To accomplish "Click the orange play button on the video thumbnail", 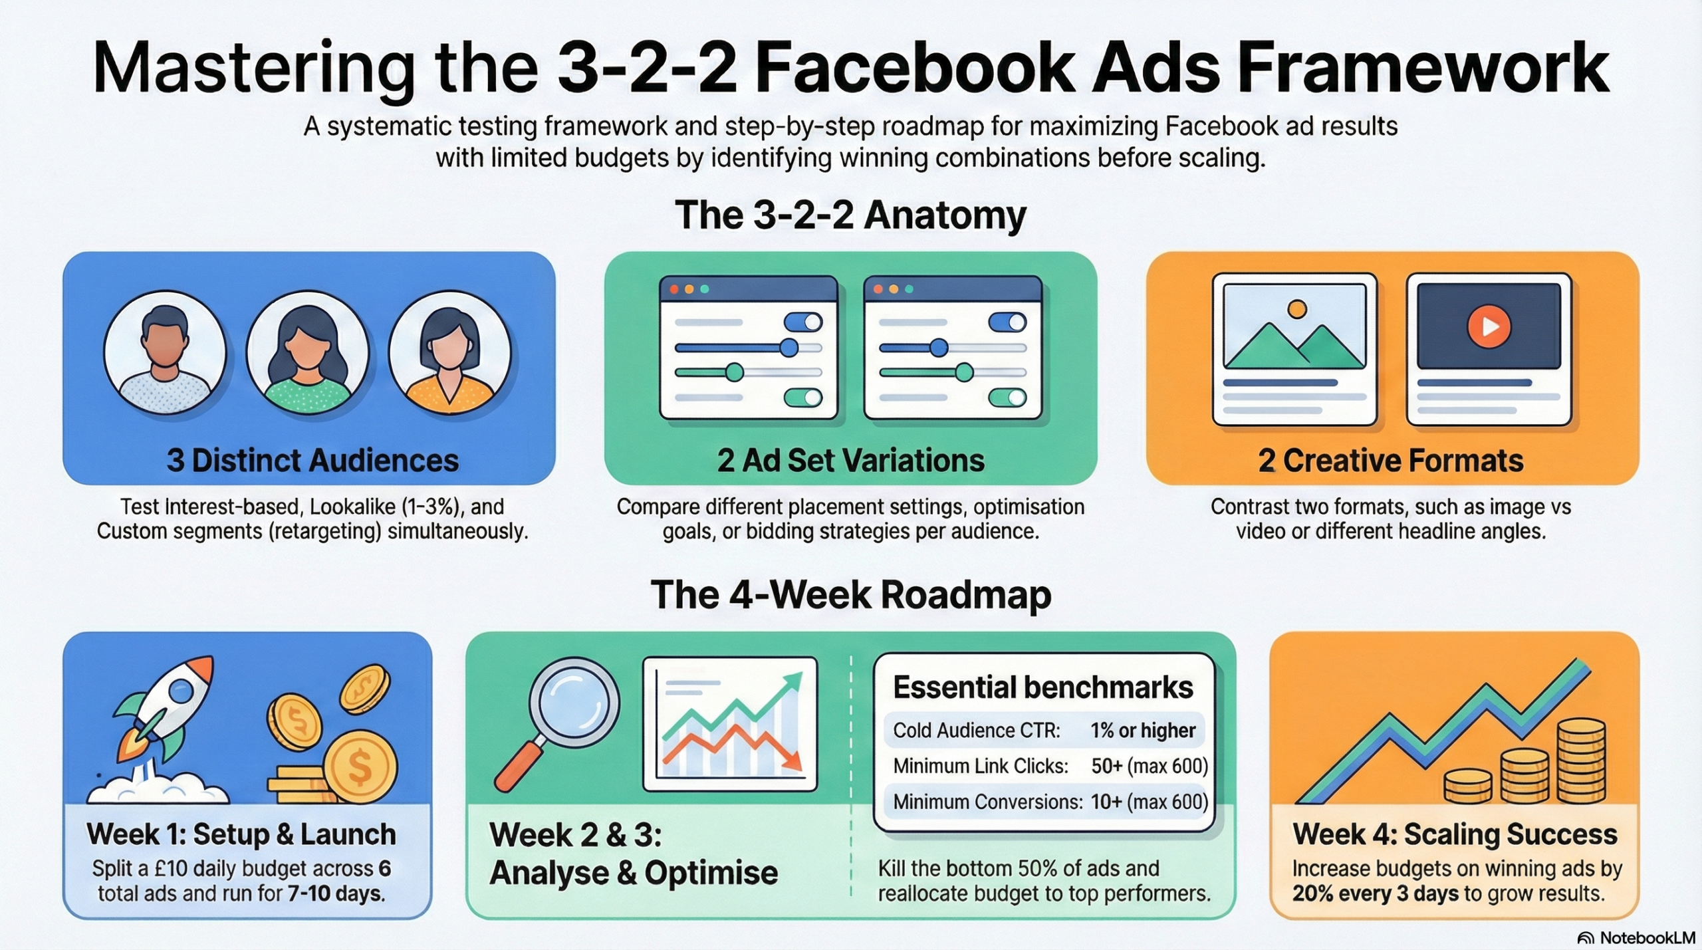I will coord(1489,326).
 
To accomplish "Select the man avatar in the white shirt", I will coord(165,352).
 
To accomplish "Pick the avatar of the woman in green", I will coord(307,352).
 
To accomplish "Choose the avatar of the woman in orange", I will coord(450,352).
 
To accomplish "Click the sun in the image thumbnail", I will coord(1296,308).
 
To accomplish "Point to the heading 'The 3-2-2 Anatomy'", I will coord(850,215).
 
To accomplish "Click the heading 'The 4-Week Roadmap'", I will coord(850,594).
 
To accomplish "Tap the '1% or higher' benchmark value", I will coord(1142,731).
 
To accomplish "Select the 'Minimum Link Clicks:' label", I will coord(981,767).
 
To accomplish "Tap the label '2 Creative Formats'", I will coord(1391,461).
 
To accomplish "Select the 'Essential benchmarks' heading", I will coord(1042,687).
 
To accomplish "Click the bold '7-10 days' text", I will coord(336,893).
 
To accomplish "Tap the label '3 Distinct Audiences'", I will coord(312,461).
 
